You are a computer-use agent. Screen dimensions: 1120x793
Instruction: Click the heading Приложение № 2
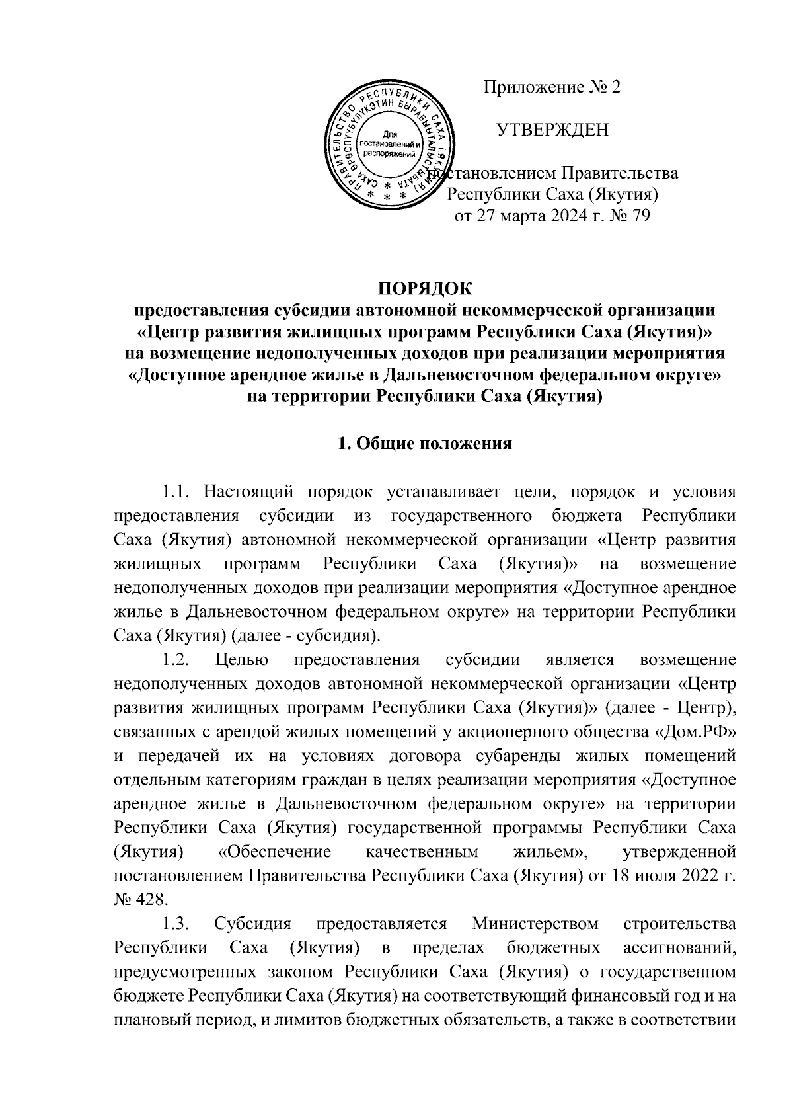(x=552, y=88)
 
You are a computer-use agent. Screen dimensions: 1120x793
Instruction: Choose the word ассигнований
(x=679, y=947)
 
